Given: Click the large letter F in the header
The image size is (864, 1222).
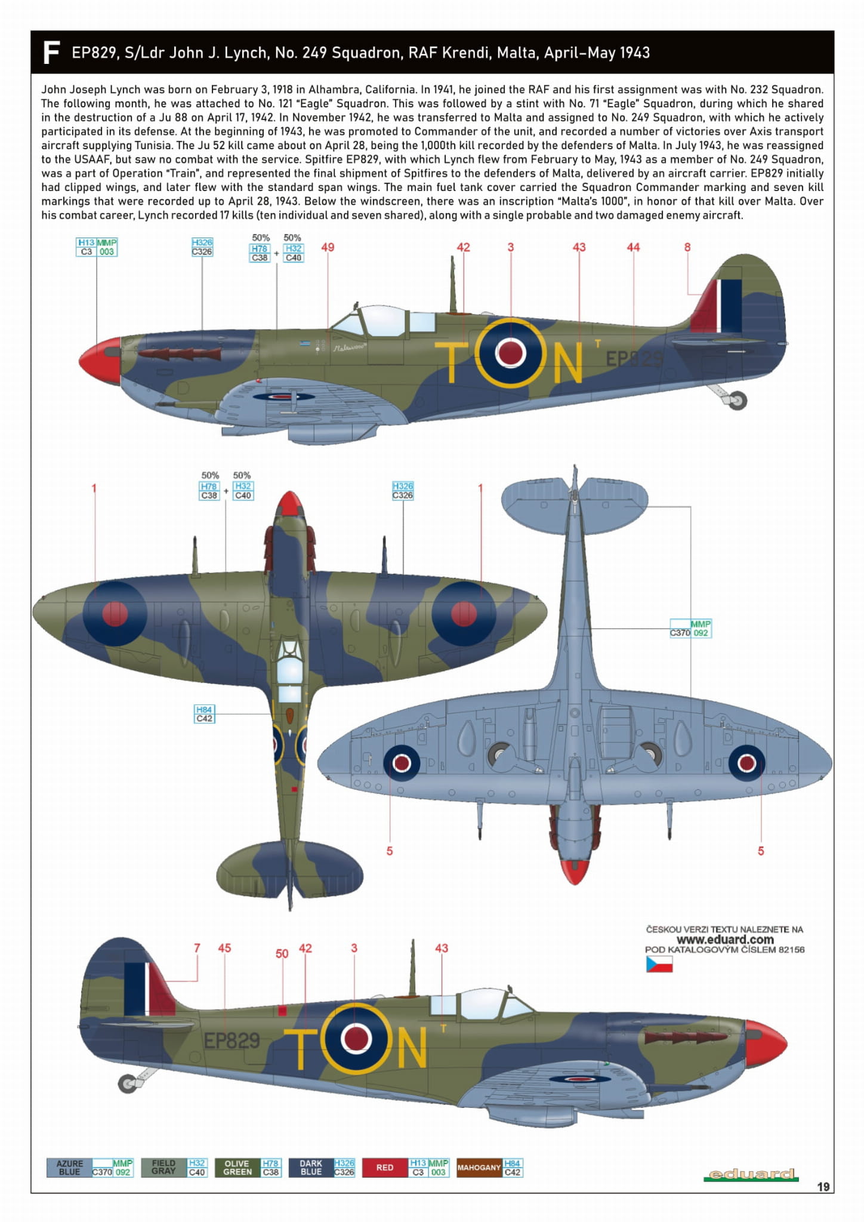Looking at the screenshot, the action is [x=51, y=53].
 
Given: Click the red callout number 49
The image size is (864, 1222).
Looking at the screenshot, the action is [x=328, y=247].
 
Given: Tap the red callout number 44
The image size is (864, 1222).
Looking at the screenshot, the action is [x=633, y=247].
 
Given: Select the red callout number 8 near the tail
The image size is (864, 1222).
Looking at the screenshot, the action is [x=687, y=247].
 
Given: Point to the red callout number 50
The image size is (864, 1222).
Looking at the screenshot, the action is [x=282, y=954].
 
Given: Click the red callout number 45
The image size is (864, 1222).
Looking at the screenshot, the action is [x=224, y=948].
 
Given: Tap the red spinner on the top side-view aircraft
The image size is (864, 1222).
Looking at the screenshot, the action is [x=100, y=360].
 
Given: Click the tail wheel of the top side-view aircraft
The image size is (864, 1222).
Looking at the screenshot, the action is [x=738, y=401].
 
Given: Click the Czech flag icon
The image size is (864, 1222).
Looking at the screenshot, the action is [x=659, y=965].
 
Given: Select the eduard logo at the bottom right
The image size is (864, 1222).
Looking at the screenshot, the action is [x=751, y=1174].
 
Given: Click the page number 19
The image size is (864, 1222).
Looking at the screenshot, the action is [x=823, y=1187].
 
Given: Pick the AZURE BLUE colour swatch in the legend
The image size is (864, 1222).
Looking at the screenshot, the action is [x=69, y=1168].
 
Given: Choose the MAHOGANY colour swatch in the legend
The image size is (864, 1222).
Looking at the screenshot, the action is [x=479, y=1168].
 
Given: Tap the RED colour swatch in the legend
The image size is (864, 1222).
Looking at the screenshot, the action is [x=385, y=1168].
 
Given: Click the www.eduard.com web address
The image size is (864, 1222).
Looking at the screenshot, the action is [x=724, y=939].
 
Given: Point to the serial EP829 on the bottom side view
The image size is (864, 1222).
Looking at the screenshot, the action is [x=232, y=1041].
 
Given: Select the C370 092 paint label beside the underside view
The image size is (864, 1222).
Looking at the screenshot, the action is [x=690, y=629].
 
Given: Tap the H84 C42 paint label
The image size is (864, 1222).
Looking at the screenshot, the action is [x=204, y=714].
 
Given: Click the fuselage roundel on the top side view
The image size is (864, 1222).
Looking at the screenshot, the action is [x=511, y=353].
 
